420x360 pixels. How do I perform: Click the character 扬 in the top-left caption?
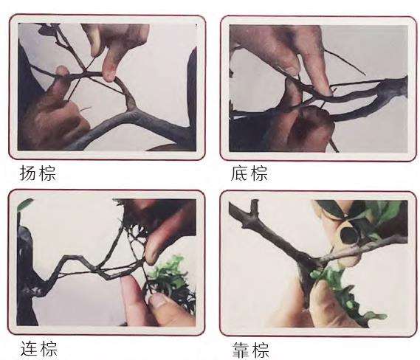pyautogui.click(x=29, y=173)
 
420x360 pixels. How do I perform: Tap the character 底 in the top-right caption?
pyautogui.click(x=241, y=173)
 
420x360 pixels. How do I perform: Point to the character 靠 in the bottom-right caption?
pyautogui.click(x=241, y=350)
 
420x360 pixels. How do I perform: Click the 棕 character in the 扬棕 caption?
pyautogui.click(x=47, y=173)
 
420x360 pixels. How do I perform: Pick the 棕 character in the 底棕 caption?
pyautogui.click(x=259, y=173)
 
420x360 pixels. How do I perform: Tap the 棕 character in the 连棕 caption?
pyautogui.click(x=49, y=348)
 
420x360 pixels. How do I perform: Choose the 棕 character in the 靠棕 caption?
pyautogui.click(x=260, y=350)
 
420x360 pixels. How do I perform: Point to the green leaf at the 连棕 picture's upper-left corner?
pyautogui.click(x=24, y=204)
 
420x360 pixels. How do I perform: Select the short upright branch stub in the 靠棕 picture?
pyautogui.click(x=254, y=207)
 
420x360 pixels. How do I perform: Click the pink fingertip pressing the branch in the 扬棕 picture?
pyautogui.click(x=109, y=75)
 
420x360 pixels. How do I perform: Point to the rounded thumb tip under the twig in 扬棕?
pyautogui.click(x=62, y=71)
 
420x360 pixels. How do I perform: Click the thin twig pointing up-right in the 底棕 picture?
pyautogui.click(x=345, y=62)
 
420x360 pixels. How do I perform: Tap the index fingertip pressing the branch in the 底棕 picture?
pyautogui.click(x=326, y=90)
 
